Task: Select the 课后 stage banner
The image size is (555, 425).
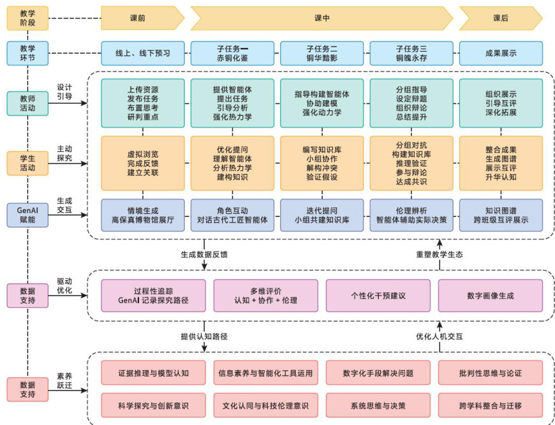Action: click(500, 19)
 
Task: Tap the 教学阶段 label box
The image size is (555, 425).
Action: click(27, 19)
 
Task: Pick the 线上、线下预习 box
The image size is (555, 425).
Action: click(142, 54)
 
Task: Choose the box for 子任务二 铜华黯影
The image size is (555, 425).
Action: click(322, 54)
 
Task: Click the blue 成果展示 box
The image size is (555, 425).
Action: click(501, 54)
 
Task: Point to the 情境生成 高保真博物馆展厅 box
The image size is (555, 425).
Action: click(142, 215)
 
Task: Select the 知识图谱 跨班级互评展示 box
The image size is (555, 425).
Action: click(501, 215)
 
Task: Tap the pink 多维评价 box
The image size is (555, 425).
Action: click(265, 295)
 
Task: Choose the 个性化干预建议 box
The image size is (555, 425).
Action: click(378, 295)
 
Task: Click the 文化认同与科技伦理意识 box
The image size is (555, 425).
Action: click(265, 405)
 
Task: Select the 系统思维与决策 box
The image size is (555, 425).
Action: click(378, 405)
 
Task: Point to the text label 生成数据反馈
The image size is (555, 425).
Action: click(204, 254)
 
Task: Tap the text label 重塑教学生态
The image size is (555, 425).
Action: click(440, 254)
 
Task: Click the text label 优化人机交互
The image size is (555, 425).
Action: click(440, 336)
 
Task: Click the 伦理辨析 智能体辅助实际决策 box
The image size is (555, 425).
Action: click(411, 215)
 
